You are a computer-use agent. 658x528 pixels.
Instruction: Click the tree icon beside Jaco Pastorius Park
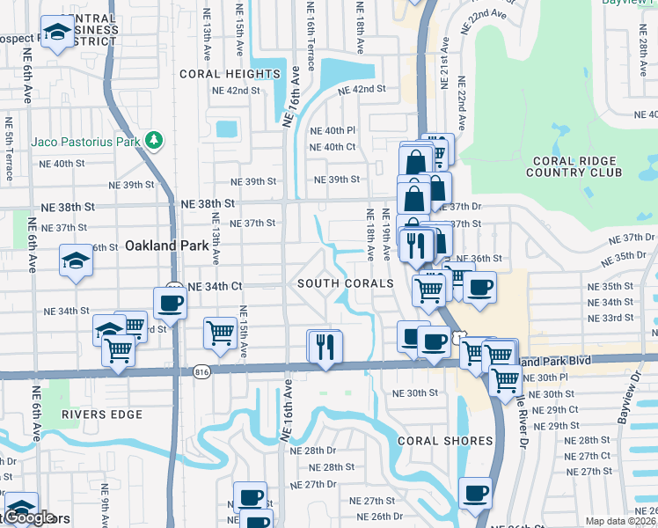coord(155,141)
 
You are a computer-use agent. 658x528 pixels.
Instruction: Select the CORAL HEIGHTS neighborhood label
coord(230,74)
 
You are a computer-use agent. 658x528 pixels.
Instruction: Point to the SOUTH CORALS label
coord(345,283)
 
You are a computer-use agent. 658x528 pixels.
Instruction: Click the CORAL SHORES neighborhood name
coord(444,440)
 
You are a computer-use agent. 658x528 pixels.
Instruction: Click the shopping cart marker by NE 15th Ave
coord(220,332)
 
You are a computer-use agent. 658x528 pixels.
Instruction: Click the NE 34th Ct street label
coord(211,286)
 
